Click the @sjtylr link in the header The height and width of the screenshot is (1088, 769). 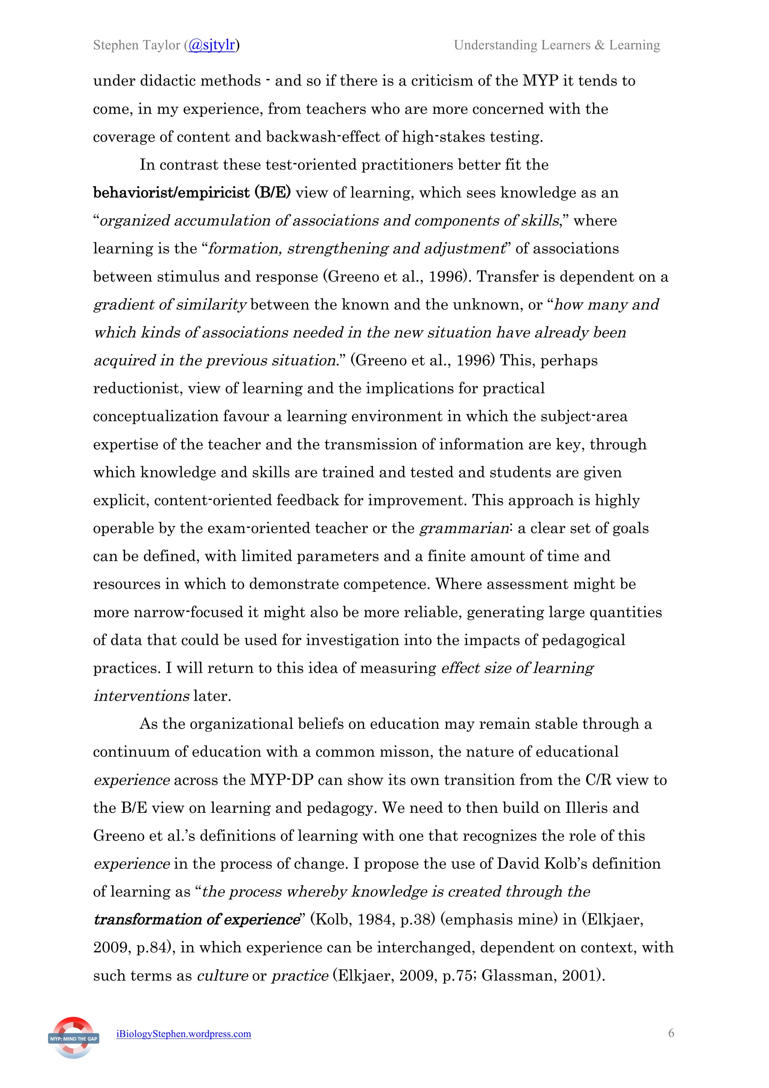212,45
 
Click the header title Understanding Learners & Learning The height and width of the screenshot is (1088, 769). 557,45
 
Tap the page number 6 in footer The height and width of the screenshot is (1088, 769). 671,1033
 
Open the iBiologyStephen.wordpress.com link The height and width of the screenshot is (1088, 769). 184,1034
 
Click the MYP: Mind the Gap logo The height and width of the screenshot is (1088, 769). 74,1038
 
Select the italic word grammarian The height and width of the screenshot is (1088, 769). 464,528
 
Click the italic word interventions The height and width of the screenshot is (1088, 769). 142,696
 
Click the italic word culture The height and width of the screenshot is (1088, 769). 222,976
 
